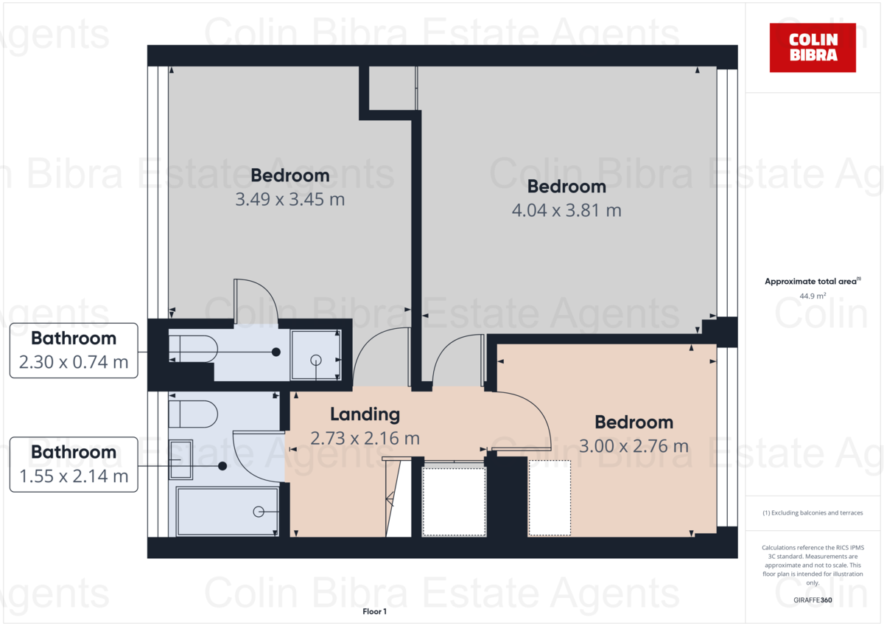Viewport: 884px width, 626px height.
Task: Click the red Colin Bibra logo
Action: [x=813, y=47]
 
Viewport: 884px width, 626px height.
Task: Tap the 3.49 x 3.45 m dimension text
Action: [x=290, y=199]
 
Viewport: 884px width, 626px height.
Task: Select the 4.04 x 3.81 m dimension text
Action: [x=566, y=210]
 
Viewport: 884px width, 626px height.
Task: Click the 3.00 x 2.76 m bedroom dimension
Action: [x=634, y=446]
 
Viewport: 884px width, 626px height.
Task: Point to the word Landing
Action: [x=365, y=414]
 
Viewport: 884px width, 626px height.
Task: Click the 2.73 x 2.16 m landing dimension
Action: [x=365, y=438]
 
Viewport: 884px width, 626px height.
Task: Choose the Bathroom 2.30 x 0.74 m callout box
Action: [x=74, y=350]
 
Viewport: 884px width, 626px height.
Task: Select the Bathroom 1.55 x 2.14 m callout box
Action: [x=74, y=464]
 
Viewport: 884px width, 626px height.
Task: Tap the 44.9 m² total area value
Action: [x=813, y=296]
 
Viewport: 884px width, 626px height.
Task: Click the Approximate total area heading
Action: [x=813, y=282]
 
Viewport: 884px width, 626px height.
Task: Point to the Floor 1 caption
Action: [x=374, y=611]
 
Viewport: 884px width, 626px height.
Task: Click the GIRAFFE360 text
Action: [x=813, y=600]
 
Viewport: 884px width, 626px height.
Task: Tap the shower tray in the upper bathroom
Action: [x=316, y=356]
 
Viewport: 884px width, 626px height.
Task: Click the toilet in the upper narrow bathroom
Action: [x=193, y=348]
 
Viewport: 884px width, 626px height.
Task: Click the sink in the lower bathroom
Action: [x=181, y=460]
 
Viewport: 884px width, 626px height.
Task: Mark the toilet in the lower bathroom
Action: [x=193, y=414]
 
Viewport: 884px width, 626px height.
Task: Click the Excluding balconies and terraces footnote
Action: [x=813, y=512]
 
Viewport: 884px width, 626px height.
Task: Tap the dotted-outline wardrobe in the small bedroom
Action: [x=550, y=498]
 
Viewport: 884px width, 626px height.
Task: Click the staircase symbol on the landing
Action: [x=398, y=498]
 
